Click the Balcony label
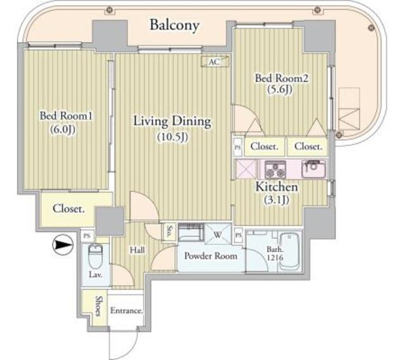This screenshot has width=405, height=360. click(x=175, y=25)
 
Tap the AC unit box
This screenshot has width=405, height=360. click(x=215, y=61)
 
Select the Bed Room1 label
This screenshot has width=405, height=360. click(x=66, y=115)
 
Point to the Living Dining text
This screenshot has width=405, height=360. click(x=172, y=122)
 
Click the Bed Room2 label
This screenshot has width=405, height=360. click(x=281, y=78)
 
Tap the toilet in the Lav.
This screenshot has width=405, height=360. click(x=96, y=256)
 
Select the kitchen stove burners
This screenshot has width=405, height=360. click(x=275, y=170)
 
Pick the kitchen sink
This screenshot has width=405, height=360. click(x=314, y=169)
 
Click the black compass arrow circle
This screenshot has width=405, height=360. click(x=63, y=245)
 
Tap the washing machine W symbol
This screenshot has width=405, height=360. click(x=218, y=234)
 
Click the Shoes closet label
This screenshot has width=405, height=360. click(x=99, y=306)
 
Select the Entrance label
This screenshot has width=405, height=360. click(x=127, y=310)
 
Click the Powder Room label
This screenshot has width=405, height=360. click(x=211, y=256)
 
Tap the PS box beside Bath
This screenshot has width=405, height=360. click(x=239, y=235)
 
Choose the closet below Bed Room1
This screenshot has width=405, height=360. click(x=68, y=209)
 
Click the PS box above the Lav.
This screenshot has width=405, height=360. click(x=87, y=236)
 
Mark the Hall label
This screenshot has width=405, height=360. click(x=137, y=250)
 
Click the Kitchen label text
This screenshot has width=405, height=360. click(x=277, y=187)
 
